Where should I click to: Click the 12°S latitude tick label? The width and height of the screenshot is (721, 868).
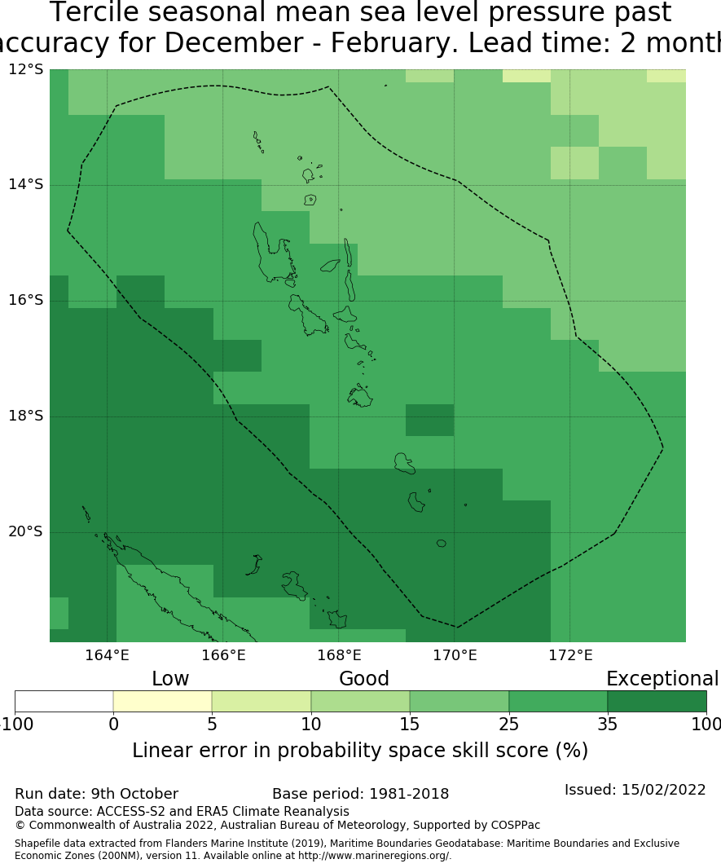point(26,69)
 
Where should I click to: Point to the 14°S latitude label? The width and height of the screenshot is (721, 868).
point(26,184)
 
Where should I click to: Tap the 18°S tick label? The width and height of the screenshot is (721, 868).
point(26,416)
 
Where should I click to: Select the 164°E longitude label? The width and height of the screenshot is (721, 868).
point(107,655)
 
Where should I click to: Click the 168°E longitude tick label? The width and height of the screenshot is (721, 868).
point(339,655)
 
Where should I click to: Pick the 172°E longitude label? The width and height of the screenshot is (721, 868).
point(570,655)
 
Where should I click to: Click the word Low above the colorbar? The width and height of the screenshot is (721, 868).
point(170,679)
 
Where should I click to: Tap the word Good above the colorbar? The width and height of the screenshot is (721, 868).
point(364,679)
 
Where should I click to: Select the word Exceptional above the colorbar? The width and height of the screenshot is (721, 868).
point(662,679)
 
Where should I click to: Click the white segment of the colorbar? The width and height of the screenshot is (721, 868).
point(64,701)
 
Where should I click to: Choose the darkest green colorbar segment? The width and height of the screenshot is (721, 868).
point(657,701)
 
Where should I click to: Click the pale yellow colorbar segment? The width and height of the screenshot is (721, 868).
point(162,701)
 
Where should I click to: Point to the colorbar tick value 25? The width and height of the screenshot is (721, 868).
point(508,724)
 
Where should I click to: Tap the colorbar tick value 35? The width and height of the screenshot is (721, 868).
point(608,724)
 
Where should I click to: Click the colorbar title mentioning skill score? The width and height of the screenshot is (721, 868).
point(360,751)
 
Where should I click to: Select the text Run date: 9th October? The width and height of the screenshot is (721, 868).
point(96,794)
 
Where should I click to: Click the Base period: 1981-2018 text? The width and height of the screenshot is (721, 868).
point(360,794)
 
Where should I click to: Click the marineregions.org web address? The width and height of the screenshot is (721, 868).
point(370,856)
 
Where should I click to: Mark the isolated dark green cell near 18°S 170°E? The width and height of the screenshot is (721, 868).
point(429,420)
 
